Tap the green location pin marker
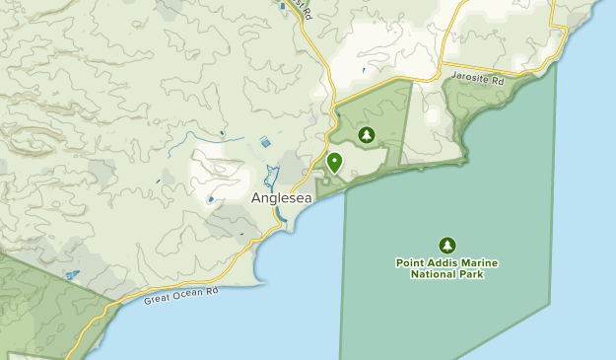(334, 162)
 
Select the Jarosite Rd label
(477, 77)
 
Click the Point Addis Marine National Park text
(447, 268)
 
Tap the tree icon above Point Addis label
(447, 244)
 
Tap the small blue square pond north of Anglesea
(265, 143)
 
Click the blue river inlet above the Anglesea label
(274, 179)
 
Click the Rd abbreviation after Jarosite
(497, 78)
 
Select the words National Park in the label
(447, 274)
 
